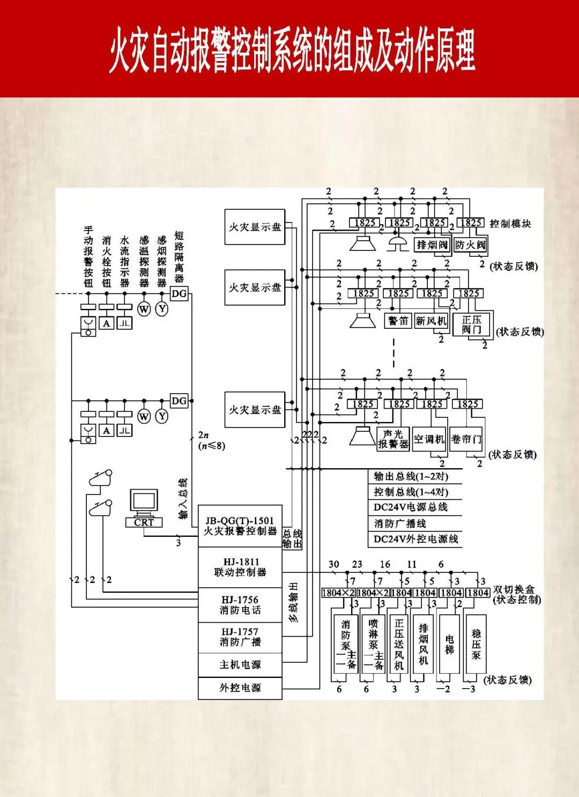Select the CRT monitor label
pos(144,522)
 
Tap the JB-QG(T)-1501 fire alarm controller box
pos(240,526)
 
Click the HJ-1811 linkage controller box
pos(240,567)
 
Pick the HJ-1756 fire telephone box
pos(240,605)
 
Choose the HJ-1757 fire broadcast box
pos(240,637)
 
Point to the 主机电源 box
pos(240,665)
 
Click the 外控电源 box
pos(240,688)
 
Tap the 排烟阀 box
pos(432,245)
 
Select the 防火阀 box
pos(470,245)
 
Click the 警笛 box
pos(398,321)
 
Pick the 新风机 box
pos(431,321)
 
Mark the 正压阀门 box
pos(472,324)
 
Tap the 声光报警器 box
pos(393,439)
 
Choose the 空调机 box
pos(429,439)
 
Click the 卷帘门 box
pos(466,439)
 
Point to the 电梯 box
pos(449,644)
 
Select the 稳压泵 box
pos(476,644)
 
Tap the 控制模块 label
pos(510,224)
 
